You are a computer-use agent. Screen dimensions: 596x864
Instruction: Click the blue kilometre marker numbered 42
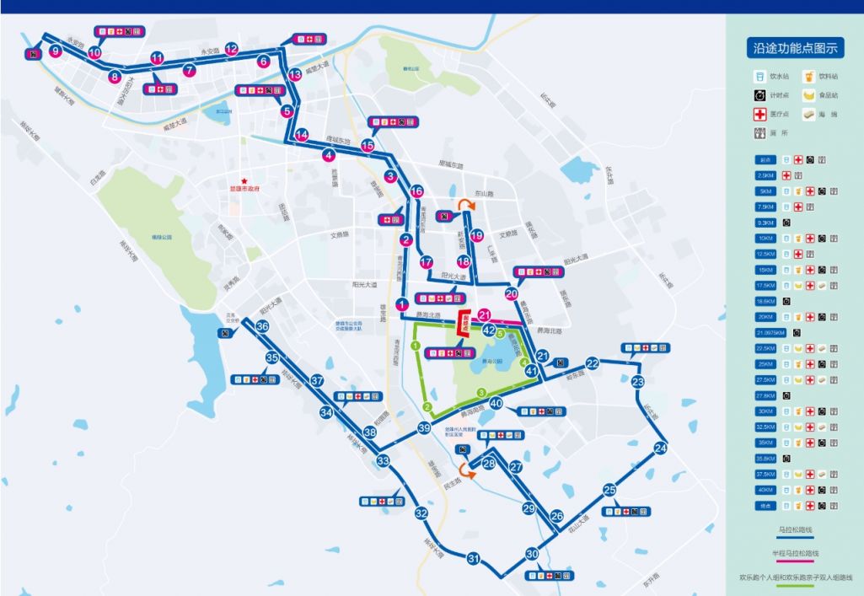click(488, 330)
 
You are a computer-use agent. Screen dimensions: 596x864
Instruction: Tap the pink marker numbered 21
click(484, 314)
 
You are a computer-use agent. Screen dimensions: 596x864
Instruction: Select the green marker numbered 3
click(481, 392)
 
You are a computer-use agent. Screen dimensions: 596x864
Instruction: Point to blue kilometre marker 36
click(262, 327)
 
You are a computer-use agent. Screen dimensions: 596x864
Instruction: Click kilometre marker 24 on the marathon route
click(660, 448)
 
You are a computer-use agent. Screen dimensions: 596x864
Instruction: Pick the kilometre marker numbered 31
click(474, 558)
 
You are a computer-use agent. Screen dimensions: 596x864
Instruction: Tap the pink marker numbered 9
click(56, 51)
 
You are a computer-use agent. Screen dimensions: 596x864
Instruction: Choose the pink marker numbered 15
click(368, 146)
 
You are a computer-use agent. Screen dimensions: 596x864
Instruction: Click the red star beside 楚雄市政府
click(244, 180)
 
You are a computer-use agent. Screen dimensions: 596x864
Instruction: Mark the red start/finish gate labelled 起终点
click(463, 324)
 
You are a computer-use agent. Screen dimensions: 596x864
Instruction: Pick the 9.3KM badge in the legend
click(765, 223)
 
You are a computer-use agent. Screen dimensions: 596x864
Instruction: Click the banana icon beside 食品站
click(808, 95)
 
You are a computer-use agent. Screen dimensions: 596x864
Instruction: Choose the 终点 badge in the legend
click(765, 506)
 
